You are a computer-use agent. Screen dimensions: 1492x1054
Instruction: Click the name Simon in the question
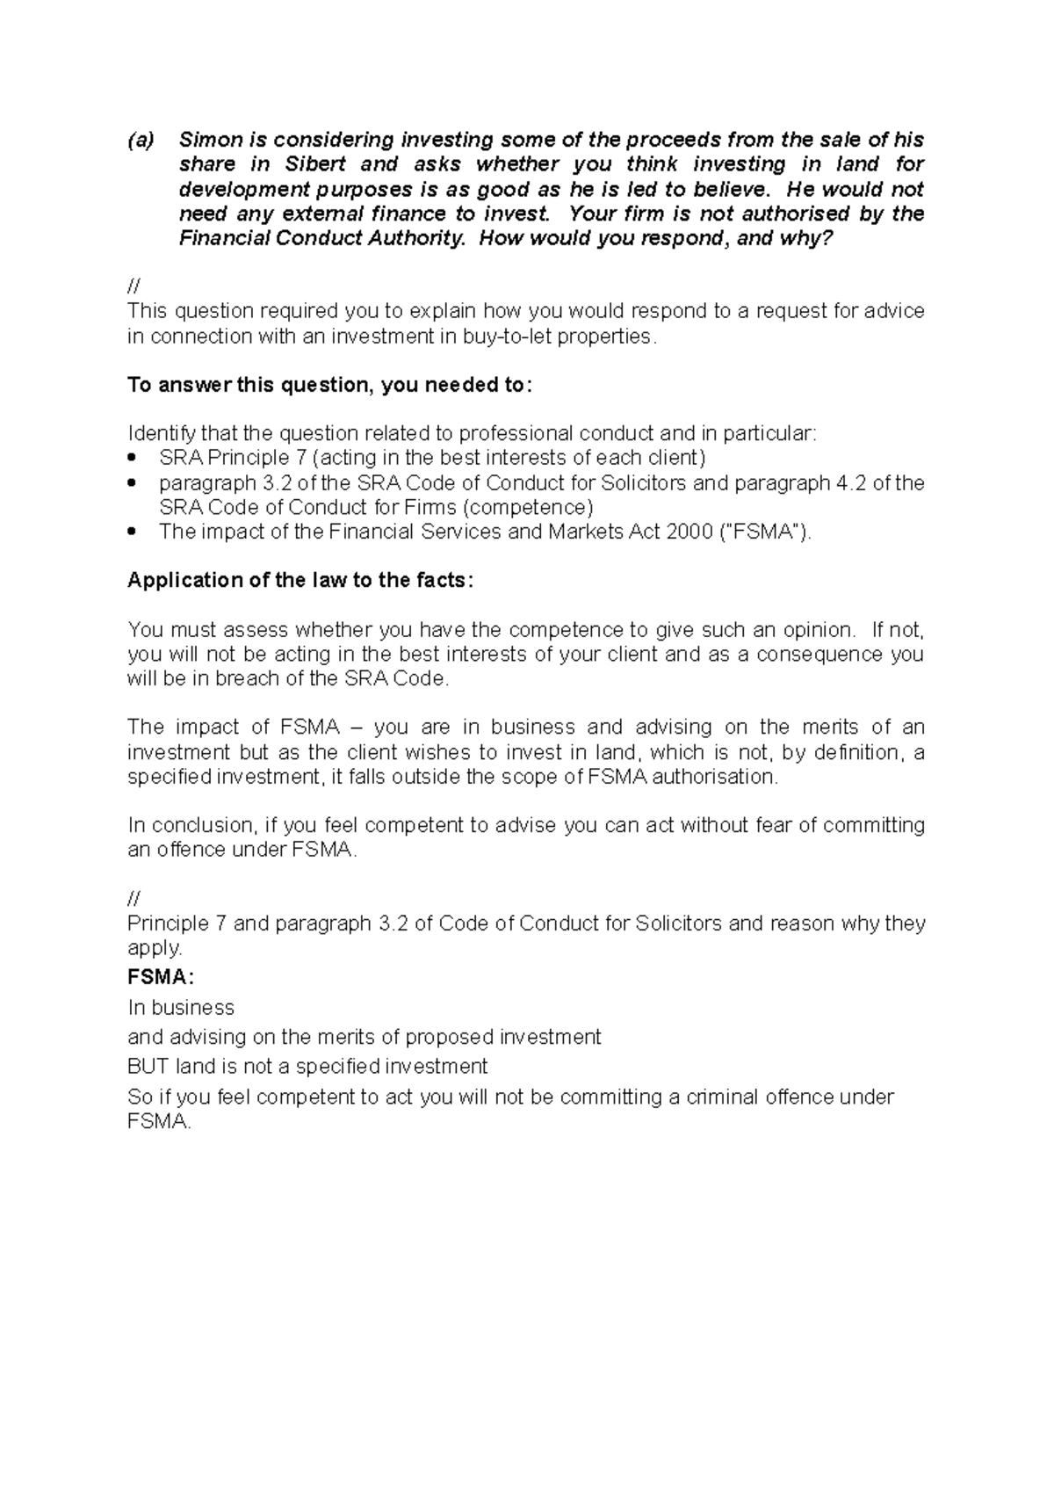point(211,140)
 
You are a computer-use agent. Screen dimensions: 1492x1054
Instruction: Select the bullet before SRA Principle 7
point(133,459)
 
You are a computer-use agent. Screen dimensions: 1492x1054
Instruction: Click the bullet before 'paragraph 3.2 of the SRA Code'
point(133,483)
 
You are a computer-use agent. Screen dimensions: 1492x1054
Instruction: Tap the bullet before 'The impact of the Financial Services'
point(133,532)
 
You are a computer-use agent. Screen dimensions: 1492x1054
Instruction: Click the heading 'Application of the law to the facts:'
point(300,580)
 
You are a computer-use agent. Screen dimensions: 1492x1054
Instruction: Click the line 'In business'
point(181,1007)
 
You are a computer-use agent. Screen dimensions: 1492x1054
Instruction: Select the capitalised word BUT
point(148,1067)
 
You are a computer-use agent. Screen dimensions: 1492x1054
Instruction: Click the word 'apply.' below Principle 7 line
point(155,948)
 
